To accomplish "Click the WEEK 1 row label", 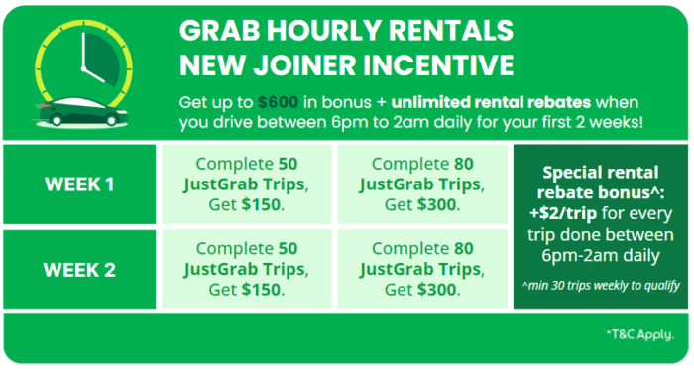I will coord(80,184).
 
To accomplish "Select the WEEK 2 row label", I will coord(80,269).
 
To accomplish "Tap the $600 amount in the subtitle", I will coord(279,102).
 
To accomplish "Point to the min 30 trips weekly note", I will coord(601,288).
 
